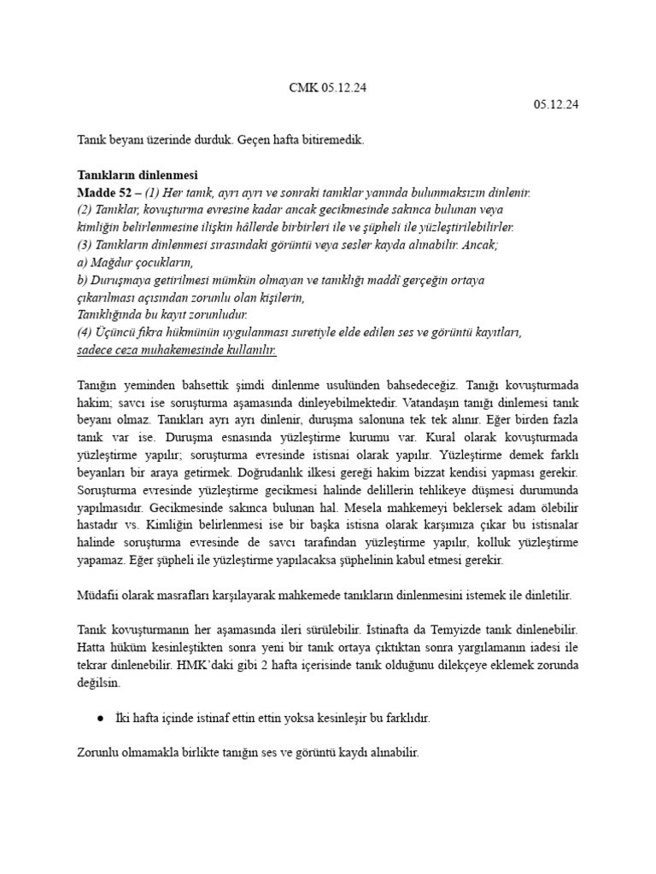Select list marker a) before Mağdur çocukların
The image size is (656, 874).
(83, 261)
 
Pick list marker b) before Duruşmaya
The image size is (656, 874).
(83, 279)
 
